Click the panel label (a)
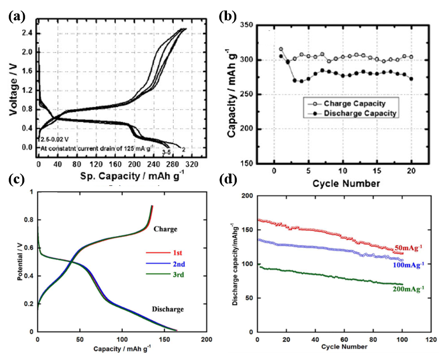[x=16, y=16]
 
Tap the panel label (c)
[x=16, y=180]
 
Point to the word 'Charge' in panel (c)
[x=165, y=230]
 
